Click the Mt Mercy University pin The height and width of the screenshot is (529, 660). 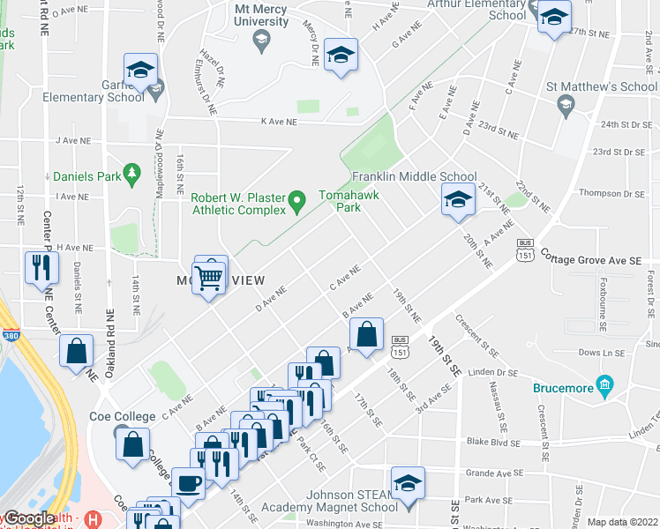(261, 39)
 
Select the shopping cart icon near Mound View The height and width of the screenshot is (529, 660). (209, 277)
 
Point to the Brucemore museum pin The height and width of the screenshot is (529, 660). (604, 384)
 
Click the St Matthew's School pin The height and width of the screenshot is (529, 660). (566, 105)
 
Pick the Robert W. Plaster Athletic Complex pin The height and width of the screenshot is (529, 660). (298, 203)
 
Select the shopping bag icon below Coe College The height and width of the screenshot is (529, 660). (132, 445)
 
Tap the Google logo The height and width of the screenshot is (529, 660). (30, 518)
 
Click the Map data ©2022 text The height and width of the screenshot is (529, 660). (622, 522)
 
